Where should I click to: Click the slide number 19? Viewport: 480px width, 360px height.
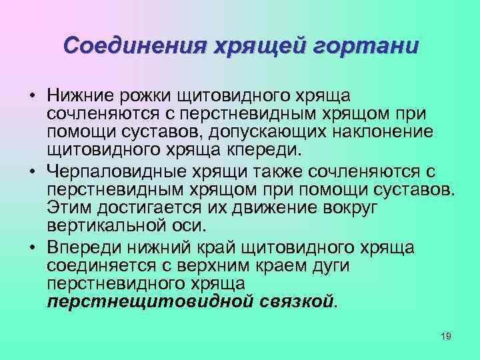click(x=446, y=336)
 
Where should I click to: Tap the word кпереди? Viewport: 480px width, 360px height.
click(x=263, y=147)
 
